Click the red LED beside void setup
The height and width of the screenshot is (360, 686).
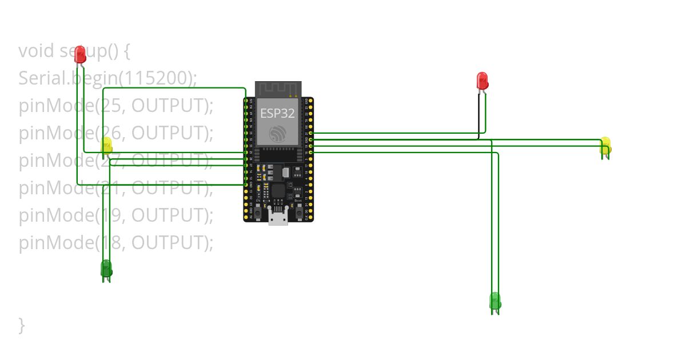click(x=80, y=54)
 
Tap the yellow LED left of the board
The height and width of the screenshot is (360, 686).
click(x=107, y=146)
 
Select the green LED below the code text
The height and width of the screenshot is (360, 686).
click(x=106, y=269)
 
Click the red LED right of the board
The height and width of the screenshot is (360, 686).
click(x=482, y=81)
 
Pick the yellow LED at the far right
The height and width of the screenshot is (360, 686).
click(x=605, y=145)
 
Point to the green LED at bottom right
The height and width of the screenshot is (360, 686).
click(x=495, y=301)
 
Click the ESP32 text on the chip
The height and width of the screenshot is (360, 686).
click(x=277, y=113)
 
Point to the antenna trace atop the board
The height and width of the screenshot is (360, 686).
click(x=278, y=89)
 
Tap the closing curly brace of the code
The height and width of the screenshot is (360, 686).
click(x=22, y=325)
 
